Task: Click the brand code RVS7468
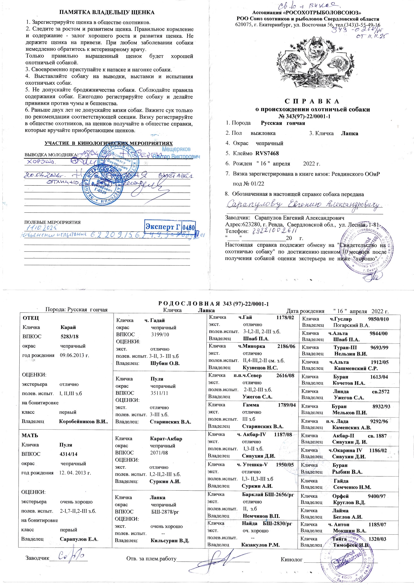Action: click(x=267, y=153)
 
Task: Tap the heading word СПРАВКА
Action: click(x=312, y=101)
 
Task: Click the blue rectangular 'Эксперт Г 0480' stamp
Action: click(x=170, y=227)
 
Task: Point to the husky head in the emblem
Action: click(x=316, y=50)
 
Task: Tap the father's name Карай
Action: click(x=68, y=327)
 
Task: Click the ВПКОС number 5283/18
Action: click(x=69, y=336)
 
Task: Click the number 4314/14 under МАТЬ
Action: click(x=68, y=454)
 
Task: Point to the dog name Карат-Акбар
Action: click(x=166, y=439)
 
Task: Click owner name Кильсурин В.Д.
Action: click(x=170, y=541)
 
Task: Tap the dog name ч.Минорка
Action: click(x=251, y=346)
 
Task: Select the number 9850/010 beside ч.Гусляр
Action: click(x=378, y=319)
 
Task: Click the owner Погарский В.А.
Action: click(x=351, y=325)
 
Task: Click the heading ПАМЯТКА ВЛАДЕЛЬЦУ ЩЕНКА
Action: click(x=107, y=12)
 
